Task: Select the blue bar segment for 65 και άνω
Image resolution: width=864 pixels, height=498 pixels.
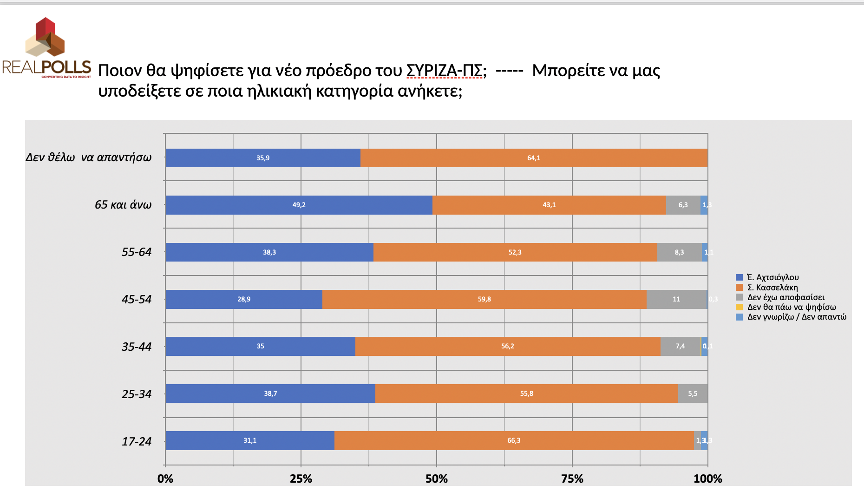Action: point(299,205)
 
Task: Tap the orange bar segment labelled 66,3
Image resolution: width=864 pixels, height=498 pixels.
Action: point(514,440)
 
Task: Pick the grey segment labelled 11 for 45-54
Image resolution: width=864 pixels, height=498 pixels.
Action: point(676,299)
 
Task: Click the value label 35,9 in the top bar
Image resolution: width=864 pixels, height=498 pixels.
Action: point(263,158)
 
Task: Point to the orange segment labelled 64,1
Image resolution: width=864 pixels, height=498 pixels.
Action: point(534,158)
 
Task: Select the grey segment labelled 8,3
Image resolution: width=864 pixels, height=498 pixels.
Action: point(679,252)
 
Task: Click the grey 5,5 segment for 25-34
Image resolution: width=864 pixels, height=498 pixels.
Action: point(693,393)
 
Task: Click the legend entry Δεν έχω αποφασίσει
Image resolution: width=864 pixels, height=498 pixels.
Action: point(785,297)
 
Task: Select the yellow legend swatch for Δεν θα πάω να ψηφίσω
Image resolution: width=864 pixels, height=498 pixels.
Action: point(739,307)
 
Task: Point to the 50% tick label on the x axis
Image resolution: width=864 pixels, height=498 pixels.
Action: point(436,478)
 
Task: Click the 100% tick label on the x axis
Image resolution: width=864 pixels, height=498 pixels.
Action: point(707,478)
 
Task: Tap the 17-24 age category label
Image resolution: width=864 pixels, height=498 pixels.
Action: point(137,441)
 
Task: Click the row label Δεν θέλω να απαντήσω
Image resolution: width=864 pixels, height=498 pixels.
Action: point(89,157)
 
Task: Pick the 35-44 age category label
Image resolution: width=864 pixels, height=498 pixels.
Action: point(137,347)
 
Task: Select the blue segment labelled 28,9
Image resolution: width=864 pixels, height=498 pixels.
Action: point(244,299)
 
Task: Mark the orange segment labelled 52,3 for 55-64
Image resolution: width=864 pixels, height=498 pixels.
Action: point(515,252)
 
